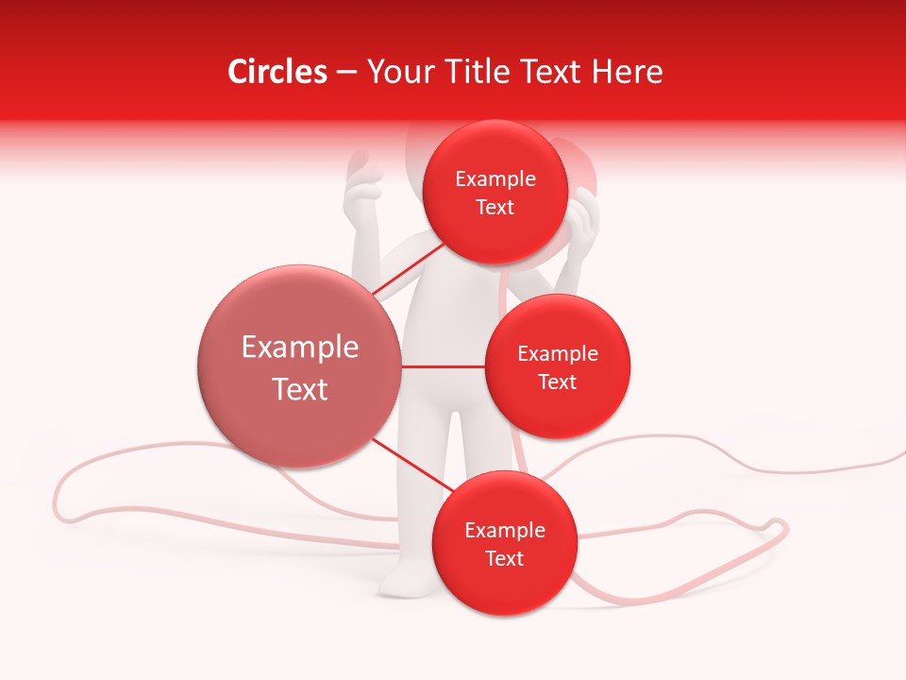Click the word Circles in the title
277,72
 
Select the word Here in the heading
631,72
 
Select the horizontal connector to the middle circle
443,366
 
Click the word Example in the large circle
300,348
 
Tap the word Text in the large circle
300,389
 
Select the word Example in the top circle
495,179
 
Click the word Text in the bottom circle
504,559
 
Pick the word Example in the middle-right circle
558,354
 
